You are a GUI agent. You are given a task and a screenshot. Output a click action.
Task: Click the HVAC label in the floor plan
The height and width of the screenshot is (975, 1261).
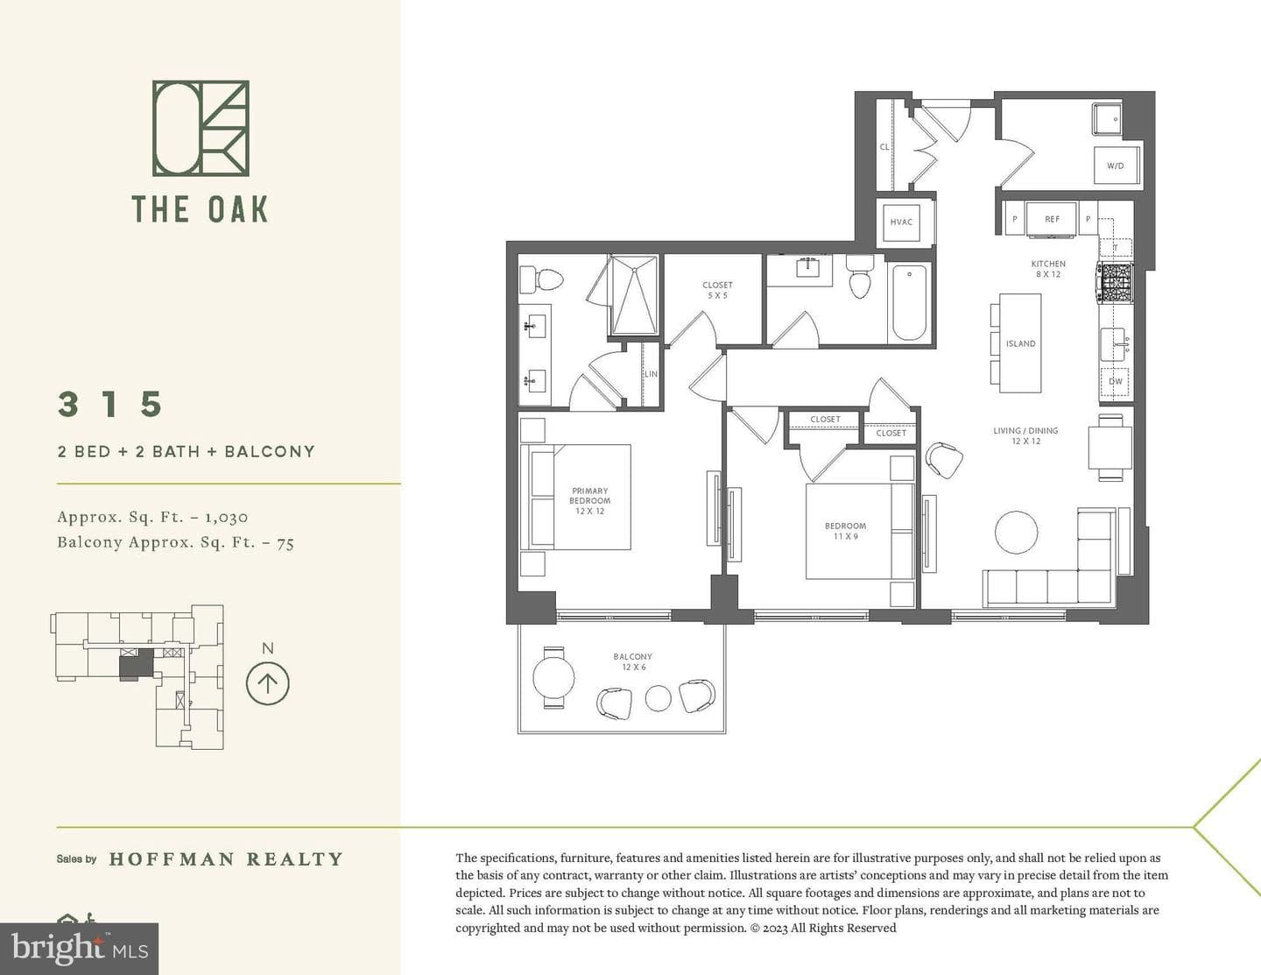pyautogui.click(x=901, y=222)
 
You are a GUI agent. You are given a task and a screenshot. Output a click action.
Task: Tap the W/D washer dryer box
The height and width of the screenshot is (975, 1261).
pyautogui.click(x=1116, y=165)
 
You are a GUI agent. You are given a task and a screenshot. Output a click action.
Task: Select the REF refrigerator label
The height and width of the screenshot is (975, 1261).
pyautogui.click(x=1052, y=219)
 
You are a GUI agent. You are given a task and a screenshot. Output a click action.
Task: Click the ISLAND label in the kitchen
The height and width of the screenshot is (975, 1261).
pyautogui.click(x=1021, y=343)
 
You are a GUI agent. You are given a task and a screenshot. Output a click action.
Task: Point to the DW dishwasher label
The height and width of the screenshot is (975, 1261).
pyautogui.click(x=1116, y=381)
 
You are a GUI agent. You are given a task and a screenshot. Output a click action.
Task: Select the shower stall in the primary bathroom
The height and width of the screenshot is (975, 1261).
pyautogui.click(x=634, y=295)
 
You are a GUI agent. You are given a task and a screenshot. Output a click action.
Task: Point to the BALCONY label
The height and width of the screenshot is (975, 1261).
pyautogui.click(x=632, y=656)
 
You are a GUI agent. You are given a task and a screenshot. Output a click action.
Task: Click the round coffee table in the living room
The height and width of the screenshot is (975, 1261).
pyautogui.click(x=1016, y=533)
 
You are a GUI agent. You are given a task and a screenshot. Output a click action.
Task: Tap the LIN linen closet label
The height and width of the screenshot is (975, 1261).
pyautogui.click(x=651, y=374)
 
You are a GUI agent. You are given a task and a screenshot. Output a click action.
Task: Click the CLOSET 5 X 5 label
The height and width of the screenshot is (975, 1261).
pyautogui.click(x=717, y=290)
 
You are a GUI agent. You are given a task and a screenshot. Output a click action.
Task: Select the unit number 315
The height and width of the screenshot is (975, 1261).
pyautogui.click(x=110, y=404)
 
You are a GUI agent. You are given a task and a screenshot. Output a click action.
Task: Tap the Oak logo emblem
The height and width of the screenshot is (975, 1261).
pyautogui.click(x=201, y=128)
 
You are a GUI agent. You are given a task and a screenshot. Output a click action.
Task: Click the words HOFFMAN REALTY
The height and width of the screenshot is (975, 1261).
pyautogui.click(x=226, y=858)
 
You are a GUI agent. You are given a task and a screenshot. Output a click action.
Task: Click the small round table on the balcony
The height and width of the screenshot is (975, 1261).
pyautogui.click(x=658, y=698)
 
